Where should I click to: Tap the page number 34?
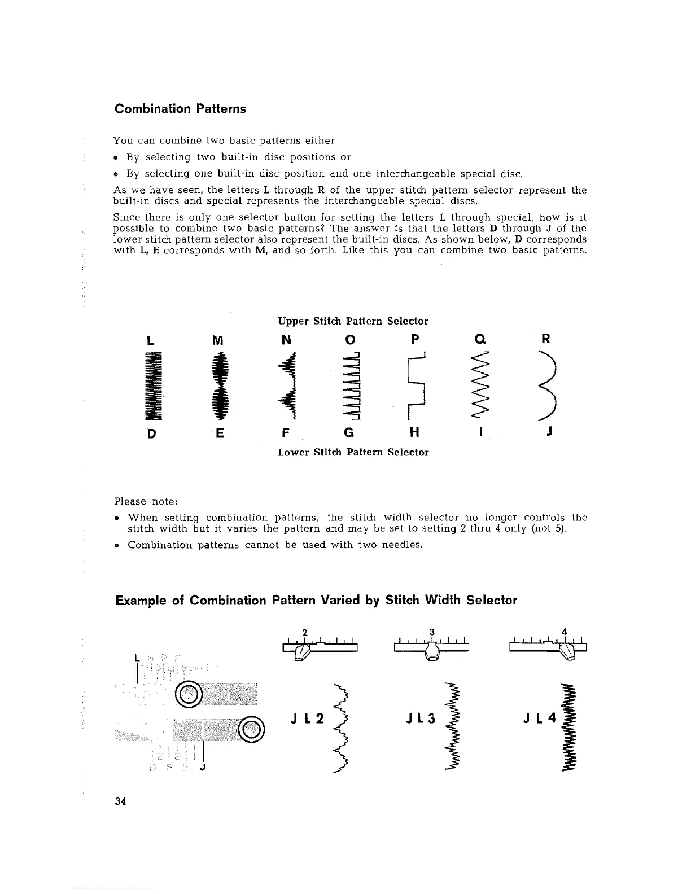[x=120, y=801]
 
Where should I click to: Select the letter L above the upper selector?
[x=148, y=340]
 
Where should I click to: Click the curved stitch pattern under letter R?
[x=548, y=387]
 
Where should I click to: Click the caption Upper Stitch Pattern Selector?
[x=353, y=321]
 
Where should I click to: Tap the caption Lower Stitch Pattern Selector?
[x=353, y=452]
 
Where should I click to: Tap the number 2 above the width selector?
[x=304, y=632]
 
